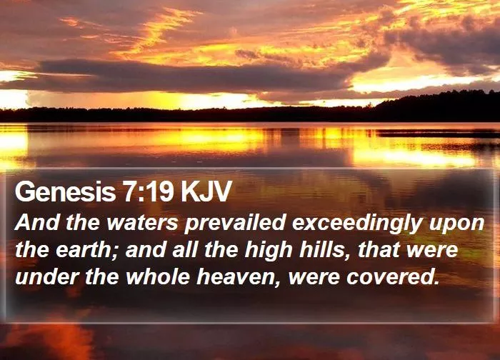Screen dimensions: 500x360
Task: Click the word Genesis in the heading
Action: (65, 191)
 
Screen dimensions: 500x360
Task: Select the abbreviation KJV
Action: (205, 191)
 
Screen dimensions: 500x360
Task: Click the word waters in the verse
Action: (142, 223)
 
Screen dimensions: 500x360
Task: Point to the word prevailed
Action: (235, 224)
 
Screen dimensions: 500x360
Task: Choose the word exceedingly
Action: (357, 224)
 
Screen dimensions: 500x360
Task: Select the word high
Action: (269, 251)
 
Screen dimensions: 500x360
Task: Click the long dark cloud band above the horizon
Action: (191, 75)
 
